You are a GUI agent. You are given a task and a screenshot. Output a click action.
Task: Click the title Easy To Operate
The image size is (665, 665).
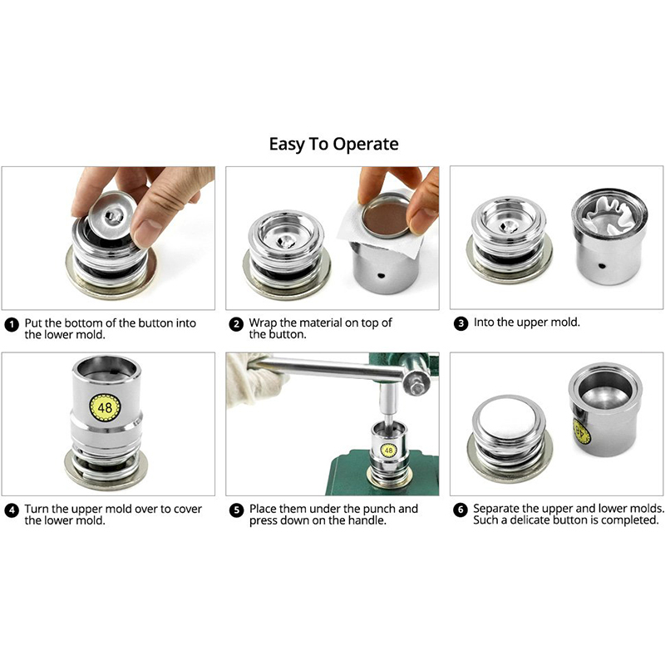[334, 144]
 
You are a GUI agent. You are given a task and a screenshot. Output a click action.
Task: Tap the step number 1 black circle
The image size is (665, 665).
[12, 325]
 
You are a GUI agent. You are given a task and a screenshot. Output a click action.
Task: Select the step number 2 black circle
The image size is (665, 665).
[236, 324]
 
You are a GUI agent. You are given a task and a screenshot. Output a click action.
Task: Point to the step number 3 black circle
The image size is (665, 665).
[461, 323]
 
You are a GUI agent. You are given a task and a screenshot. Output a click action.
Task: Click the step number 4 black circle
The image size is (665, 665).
[12, 510]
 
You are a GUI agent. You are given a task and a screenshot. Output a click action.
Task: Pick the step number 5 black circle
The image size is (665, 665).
[236, 510]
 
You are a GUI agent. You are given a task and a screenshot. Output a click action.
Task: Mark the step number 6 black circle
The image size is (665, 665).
[461, 510]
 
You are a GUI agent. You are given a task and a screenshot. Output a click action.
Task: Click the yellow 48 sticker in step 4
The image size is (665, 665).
[105, 407]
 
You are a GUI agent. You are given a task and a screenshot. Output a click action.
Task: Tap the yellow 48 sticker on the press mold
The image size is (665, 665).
[389, 450]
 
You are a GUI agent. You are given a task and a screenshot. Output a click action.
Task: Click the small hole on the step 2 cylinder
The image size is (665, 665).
[381, 276]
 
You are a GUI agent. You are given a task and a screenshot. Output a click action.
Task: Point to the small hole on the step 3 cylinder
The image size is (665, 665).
[601, 266]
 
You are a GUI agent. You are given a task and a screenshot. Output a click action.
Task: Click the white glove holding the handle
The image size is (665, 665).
[254, 380]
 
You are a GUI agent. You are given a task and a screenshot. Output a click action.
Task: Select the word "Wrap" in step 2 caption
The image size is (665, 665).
[264, 323]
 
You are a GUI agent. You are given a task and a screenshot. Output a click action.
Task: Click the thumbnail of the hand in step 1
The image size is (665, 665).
[140, 204]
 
